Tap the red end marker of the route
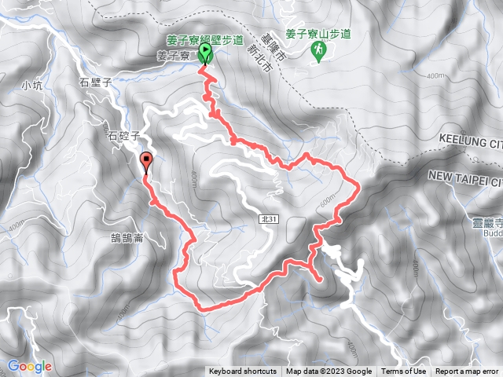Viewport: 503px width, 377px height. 146,163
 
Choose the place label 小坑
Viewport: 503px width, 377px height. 31,85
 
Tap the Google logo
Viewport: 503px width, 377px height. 29,366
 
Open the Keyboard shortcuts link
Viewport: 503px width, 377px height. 242,372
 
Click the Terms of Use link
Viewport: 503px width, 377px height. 404,372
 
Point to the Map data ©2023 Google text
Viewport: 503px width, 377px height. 329,372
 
